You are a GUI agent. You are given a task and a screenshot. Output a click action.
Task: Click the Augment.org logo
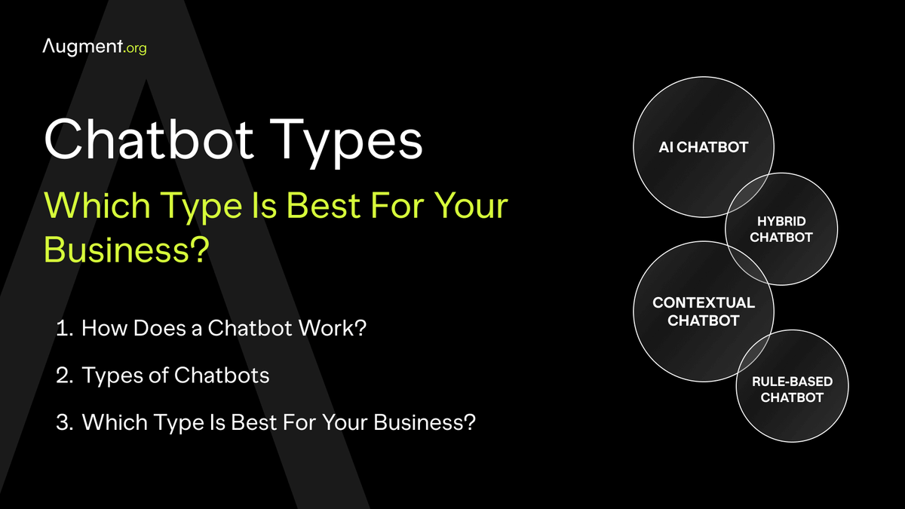point(94,47)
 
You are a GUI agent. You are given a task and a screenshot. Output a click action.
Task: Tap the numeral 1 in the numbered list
point(62,329)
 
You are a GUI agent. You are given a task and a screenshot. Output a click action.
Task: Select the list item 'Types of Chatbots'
point(175,375)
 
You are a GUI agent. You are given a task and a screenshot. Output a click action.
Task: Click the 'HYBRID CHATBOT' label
point(781,229)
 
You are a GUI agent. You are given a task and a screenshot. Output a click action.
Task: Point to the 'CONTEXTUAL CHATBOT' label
point(704,311)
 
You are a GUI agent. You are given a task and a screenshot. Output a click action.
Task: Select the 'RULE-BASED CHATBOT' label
point(792,389)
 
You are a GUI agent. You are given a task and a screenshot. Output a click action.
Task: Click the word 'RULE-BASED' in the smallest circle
point(792,382)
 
